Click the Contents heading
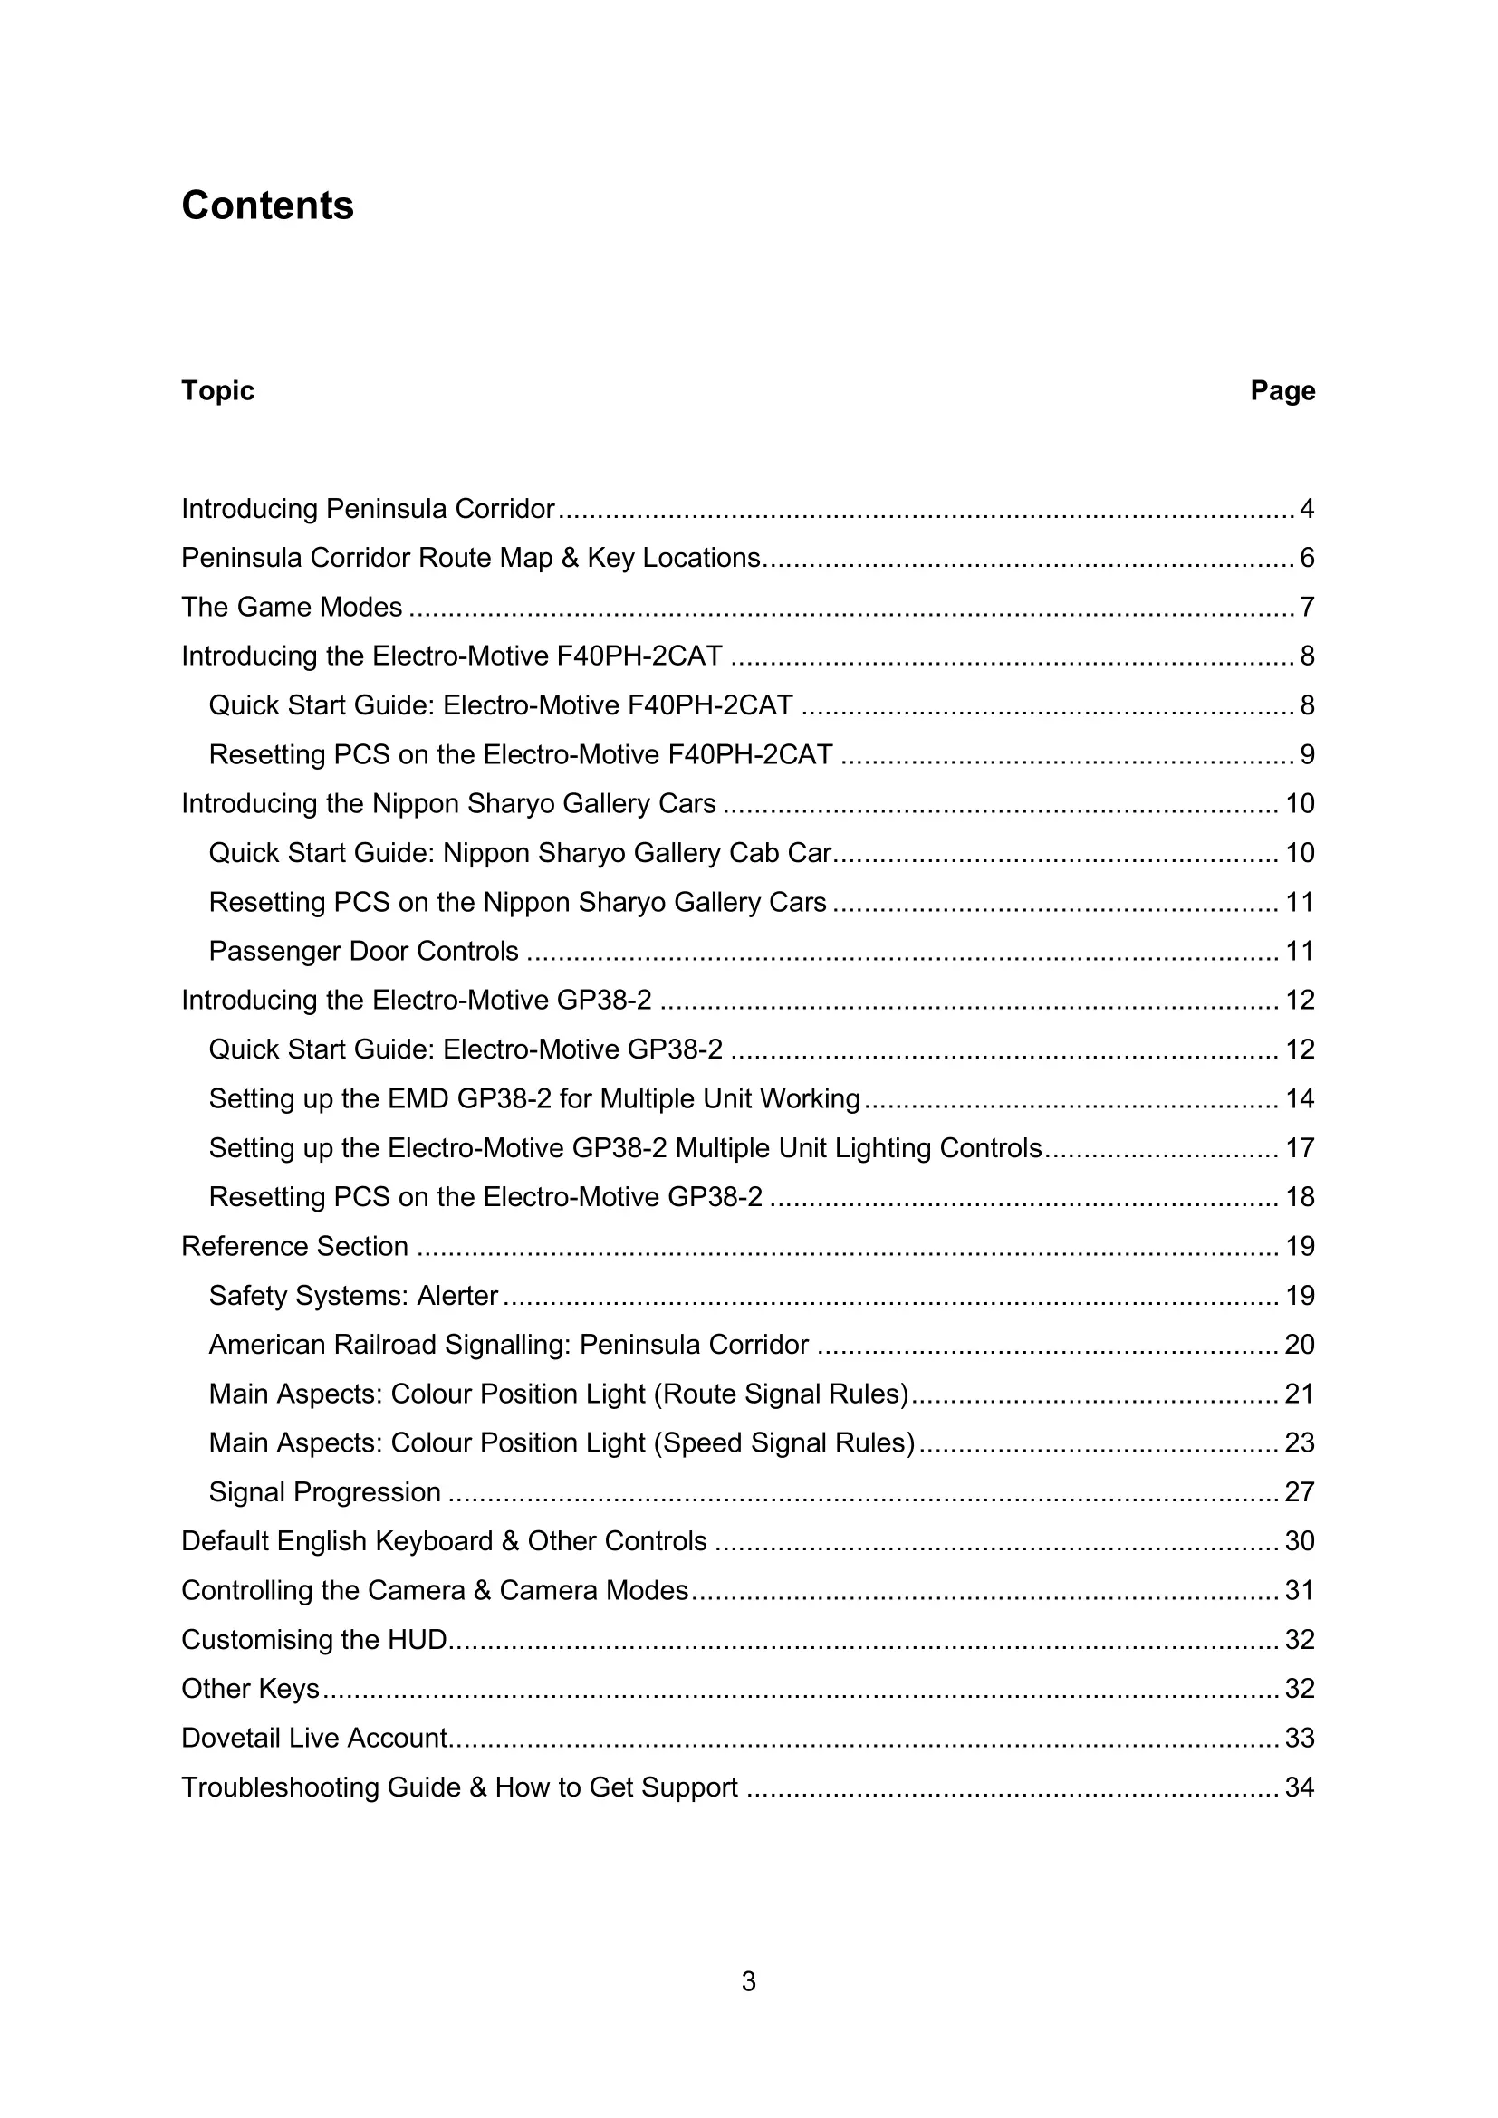(x=267, y=205)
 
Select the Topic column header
(x=217, y=390)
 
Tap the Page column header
(x=1282, y=390)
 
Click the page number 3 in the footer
(x=748, y=1980)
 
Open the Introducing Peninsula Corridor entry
(x=368, y=508)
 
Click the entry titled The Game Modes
(x=292, y=607)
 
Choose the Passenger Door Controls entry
(x=363, y=951)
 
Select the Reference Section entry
(x=294, y=1246)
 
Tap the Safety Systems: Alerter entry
(x=353, y=1295)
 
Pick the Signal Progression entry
(x=325, y=1491)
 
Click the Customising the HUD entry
(x=313, y=1639)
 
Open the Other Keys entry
(x=250, y=1688)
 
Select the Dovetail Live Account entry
(x=313, y=1738)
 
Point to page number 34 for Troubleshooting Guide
(x=1299, y=1787)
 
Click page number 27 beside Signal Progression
(x=1299, y=1491)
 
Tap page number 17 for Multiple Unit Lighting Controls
(x=1300, y=1147)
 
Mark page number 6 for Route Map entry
(x=1306, y=558)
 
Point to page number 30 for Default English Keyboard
(x=1299, y=1541)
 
